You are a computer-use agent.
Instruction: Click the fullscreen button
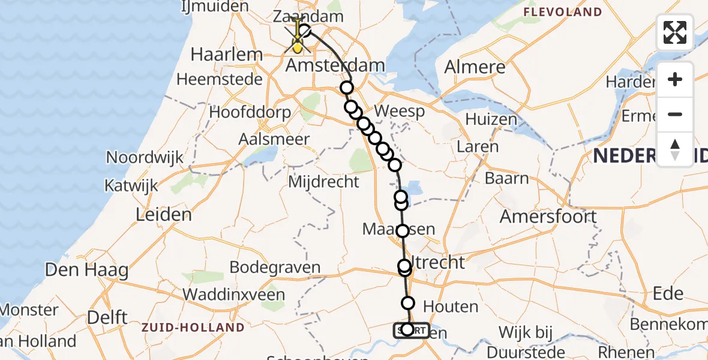[x=675, y=32]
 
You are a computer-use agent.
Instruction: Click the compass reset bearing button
[x=675, y=149]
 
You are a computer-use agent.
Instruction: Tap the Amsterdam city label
[x=335, y=65]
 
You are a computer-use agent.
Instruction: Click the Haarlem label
[x=227, y=55]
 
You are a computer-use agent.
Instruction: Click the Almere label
[x=474, y=67]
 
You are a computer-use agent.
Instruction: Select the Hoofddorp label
[x=250, y=112]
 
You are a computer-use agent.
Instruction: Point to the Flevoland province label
[x=562, y=12]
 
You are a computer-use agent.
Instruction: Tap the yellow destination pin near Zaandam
[x=297, y=42]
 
